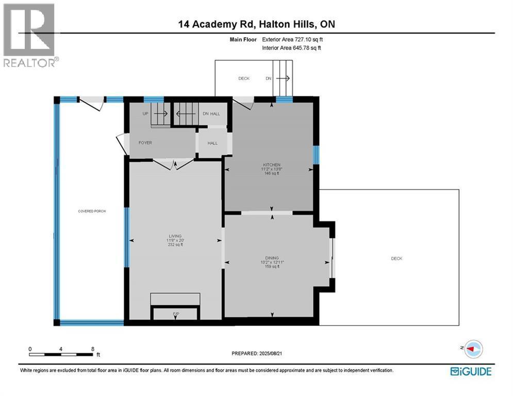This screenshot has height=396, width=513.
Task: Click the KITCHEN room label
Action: (x=272, y=164)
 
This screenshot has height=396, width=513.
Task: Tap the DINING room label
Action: (x=272, y=258)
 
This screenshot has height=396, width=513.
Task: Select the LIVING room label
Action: (x=175, y=236)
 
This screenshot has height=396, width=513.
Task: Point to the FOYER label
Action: (x=145, y=143)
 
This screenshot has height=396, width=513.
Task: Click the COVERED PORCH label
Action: (x=92, y=211)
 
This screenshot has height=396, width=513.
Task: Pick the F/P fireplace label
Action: (x=176, y=314)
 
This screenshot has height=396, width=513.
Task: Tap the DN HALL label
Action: (x=211, y=113)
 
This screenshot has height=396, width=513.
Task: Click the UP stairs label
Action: (x=145, y=113)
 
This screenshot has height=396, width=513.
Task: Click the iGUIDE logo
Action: (x=471, y=371)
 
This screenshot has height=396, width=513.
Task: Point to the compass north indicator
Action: (x=473, y=349)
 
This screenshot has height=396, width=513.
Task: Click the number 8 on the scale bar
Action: (x=93, y=349)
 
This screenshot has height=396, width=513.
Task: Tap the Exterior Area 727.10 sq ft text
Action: (x=292, y=39)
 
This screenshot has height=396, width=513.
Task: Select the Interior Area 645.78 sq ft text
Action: (x=291, y=48)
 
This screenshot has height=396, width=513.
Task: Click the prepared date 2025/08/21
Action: (x=271, y=353)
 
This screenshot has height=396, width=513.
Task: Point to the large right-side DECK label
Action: (x=396, y=258)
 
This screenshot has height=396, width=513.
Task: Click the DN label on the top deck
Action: (x=268, y=78)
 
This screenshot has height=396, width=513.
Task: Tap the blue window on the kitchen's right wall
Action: (x=316, y=155)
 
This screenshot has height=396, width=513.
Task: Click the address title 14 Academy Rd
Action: (x=217, y=24)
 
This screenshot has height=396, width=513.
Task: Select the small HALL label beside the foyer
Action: (x=212, y=143)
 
